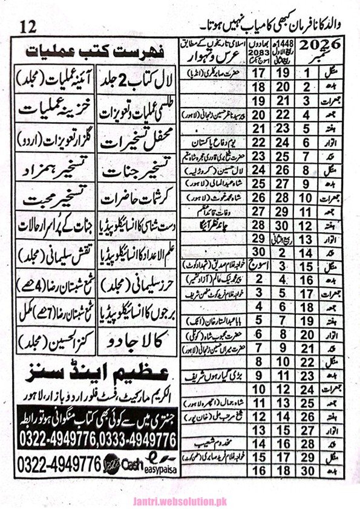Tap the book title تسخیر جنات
pyautogui.click(x=139, y=172)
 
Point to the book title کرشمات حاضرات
pyautogui.click(x=139, y=198)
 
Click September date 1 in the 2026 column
pyautogui.click(x=312, y=72)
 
